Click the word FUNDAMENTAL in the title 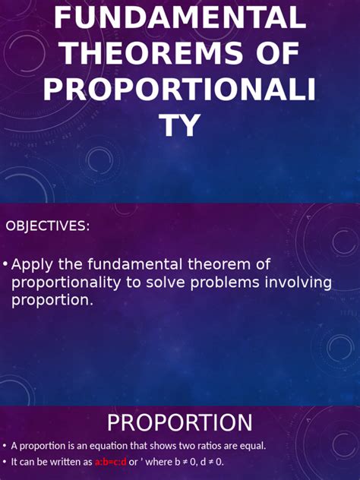(x=179, y=17)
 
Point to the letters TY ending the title (x=179, y=125)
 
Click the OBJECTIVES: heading (x=48, y=226)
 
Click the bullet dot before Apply (x=5, y=264)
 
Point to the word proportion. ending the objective (x=52, y=300)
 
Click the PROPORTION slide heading (x=179, y=423)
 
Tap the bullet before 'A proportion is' (x=5, y=446)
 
